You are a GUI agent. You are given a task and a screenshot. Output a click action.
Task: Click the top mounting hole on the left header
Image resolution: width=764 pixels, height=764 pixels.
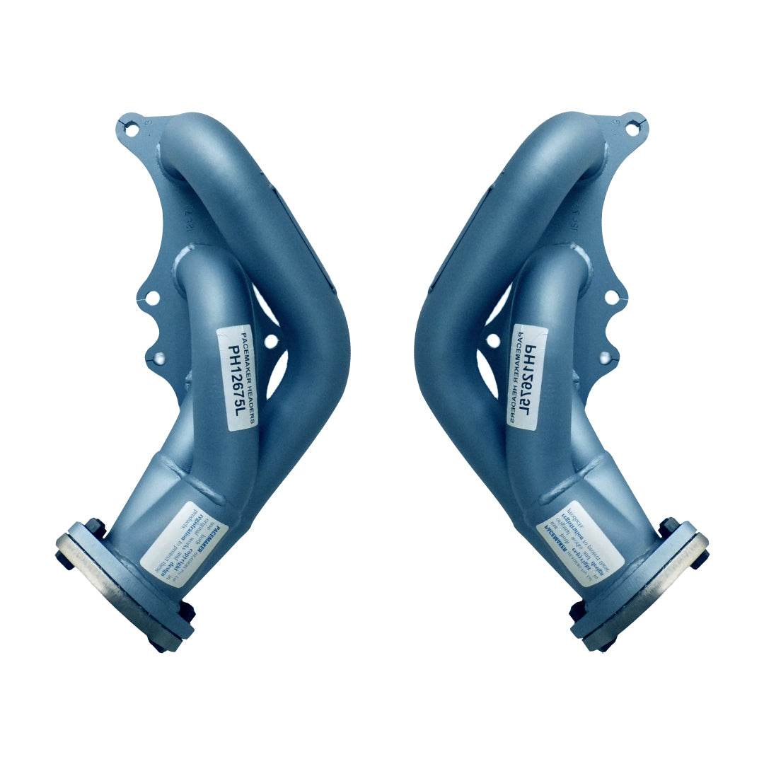point(132,129)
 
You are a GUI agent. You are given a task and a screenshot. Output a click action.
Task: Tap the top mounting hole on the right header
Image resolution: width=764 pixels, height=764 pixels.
point(631,129)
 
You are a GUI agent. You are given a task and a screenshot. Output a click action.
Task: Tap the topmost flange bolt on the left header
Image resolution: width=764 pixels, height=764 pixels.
point(94,526)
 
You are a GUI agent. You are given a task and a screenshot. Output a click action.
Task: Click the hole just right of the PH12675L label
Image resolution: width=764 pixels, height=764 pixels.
point(271,341)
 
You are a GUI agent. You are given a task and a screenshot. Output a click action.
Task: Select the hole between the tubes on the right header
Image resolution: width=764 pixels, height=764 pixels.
point(493,341)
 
